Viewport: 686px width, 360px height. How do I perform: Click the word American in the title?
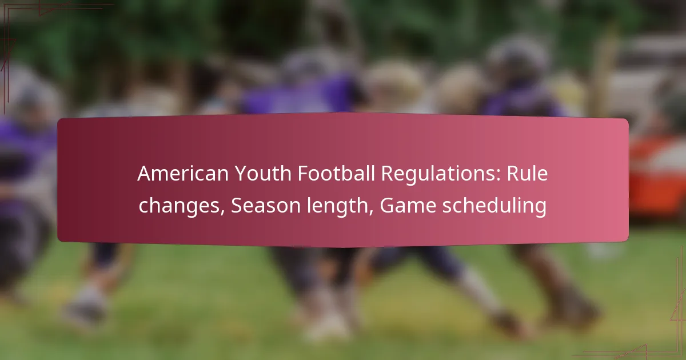[183, 174]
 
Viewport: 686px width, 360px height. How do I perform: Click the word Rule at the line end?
[527, 174]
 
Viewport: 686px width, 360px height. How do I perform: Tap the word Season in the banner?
[266, 205]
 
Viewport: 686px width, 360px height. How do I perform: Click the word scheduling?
[494, 207]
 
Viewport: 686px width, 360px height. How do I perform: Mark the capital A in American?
[145, 174]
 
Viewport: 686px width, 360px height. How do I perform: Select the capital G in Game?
[387, 205]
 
